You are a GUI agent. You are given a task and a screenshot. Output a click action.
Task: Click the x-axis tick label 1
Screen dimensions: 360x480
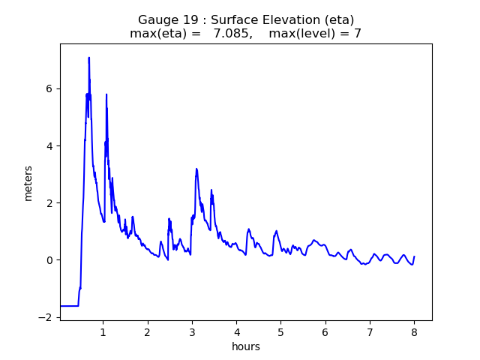tap(103, 331)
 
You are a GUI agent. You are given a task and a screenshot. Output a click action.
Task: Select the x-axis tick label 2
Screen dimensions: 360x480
tap(148, 331)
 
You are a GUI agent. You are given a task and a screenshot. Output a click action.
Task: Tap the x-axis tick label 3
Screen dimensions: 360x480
tap(192, 331)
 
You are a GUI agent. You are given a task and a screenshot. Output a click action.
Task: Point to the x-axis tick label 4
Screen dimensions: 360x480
tap(236, 331)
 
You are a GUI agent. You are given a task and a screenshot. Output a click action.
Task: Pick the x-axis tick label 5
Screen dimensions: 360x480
tap(280, 331)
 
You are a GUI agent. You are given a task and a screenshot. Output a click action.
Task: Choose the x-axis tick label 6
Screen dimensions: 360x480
tap(325, 331)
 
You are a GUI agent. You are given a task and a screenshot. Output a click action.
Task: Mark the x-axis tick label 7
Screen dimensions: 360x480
tap(370, 331)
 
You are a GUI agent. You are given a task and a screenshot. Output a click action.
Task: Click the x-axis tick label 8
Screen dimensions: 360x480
tap(414, 331)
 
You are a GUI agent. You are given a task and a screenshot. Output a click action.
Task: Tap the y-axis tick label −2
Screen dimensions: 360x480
tap(46, 317)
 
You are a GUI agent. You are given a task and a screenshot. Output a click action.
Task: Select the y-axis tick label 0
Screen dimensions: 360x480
tap(49, 260)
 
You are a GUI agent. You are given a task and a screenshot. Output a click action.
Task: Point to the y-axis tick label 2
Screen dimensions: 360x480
tap(49, 203)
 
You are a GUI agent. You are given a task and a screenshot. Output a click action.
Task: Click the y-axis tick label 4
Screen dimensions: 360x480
tap(49, 146)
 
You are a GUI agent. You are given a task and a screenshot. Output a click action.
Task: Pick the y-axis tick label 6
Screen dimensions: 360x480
tap(49, 88)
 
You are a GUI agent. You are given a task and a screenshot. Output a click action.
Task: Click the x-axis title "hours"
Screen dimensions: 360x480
tap(246, 346)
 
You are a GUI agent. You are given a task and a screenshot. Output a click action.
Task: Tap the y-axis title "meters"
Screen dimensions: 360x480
tap(28, 183)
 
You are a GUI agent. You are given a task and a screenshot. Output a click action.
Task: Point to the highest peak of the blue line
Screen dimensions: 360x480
tap(88, 58)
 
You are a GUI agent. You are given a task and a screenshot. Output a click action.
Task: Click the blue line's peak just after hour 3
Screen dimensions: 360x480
tap(196, 169)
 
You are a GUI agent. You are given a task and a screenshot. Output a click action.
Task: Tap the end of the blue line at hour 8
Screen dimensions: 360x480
tap(414, 256)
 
